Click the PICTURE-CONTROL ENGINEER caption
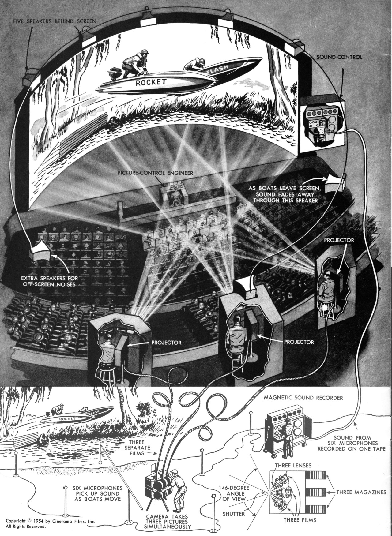[x=156, y=173]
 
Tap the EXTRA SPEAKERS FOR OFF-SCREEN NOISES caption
[x=50, y=281]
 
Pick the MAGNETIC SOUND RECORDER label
[x=303, y=398]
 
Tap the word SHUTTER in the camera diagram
[x=234, y=514]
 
